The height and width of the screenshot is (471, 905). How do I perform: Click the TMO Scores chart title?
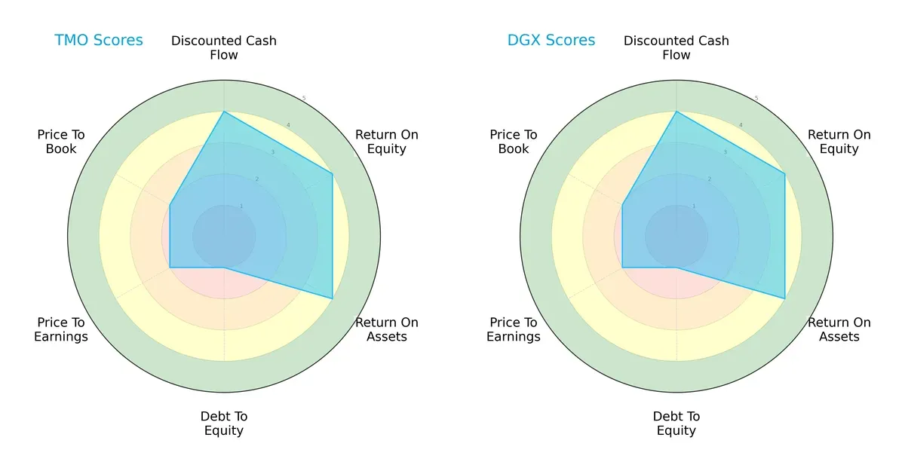point(98,40)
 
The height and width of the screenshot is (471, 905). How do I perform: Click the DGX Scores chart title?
point(551,40)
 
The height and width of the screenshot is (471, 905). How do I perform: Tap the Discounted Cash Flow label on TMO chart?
point(224,47)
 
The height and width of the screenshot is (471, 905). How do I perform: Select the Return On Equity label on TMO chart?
point(386,142)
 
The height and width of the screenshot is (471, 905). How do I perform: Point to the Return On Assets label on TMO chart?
point(386,329)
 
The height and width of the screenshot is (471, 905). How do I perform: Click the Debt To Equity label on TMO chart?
point(224,424)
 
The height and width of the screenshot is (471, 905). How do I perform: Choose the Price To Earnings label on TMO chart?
point(61,329)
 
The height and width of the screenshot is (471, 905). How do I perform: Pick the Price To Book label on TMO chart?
point(61,142)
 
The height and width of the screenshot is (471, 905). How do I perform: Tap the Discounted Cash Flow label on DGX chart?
point(676,47)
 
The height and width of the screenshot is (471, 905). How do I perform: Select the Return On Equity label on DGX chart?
point(839,142)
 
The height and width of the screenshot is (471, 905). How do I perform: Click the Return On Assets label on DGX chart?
point(839,329)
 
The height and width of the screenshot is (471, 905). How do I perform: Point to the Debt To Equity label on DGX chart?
point(676,424)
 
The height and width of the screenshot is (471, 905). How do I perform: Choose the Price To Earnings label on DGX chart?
point(514,329)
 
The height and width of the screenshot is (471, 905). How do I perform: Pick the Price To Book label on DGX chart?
point(514,142)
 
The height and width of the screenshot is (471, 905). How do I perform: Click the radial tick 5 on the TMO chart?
point(304,99)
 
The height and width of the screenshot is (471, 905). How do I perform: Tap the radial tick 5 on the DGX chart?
point(756,99)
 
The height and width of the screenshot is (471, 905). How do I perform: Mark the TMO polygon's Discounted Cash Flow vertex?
point(224,112)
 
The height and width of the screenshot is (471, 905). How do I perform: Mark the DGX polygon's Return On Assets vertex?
point(785,298)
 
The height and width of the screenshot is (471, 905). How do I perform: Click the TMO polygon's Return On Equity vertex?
point(333,174)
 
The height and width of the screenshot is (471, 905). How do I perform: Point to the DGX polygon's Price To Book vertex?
point(622,205)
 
